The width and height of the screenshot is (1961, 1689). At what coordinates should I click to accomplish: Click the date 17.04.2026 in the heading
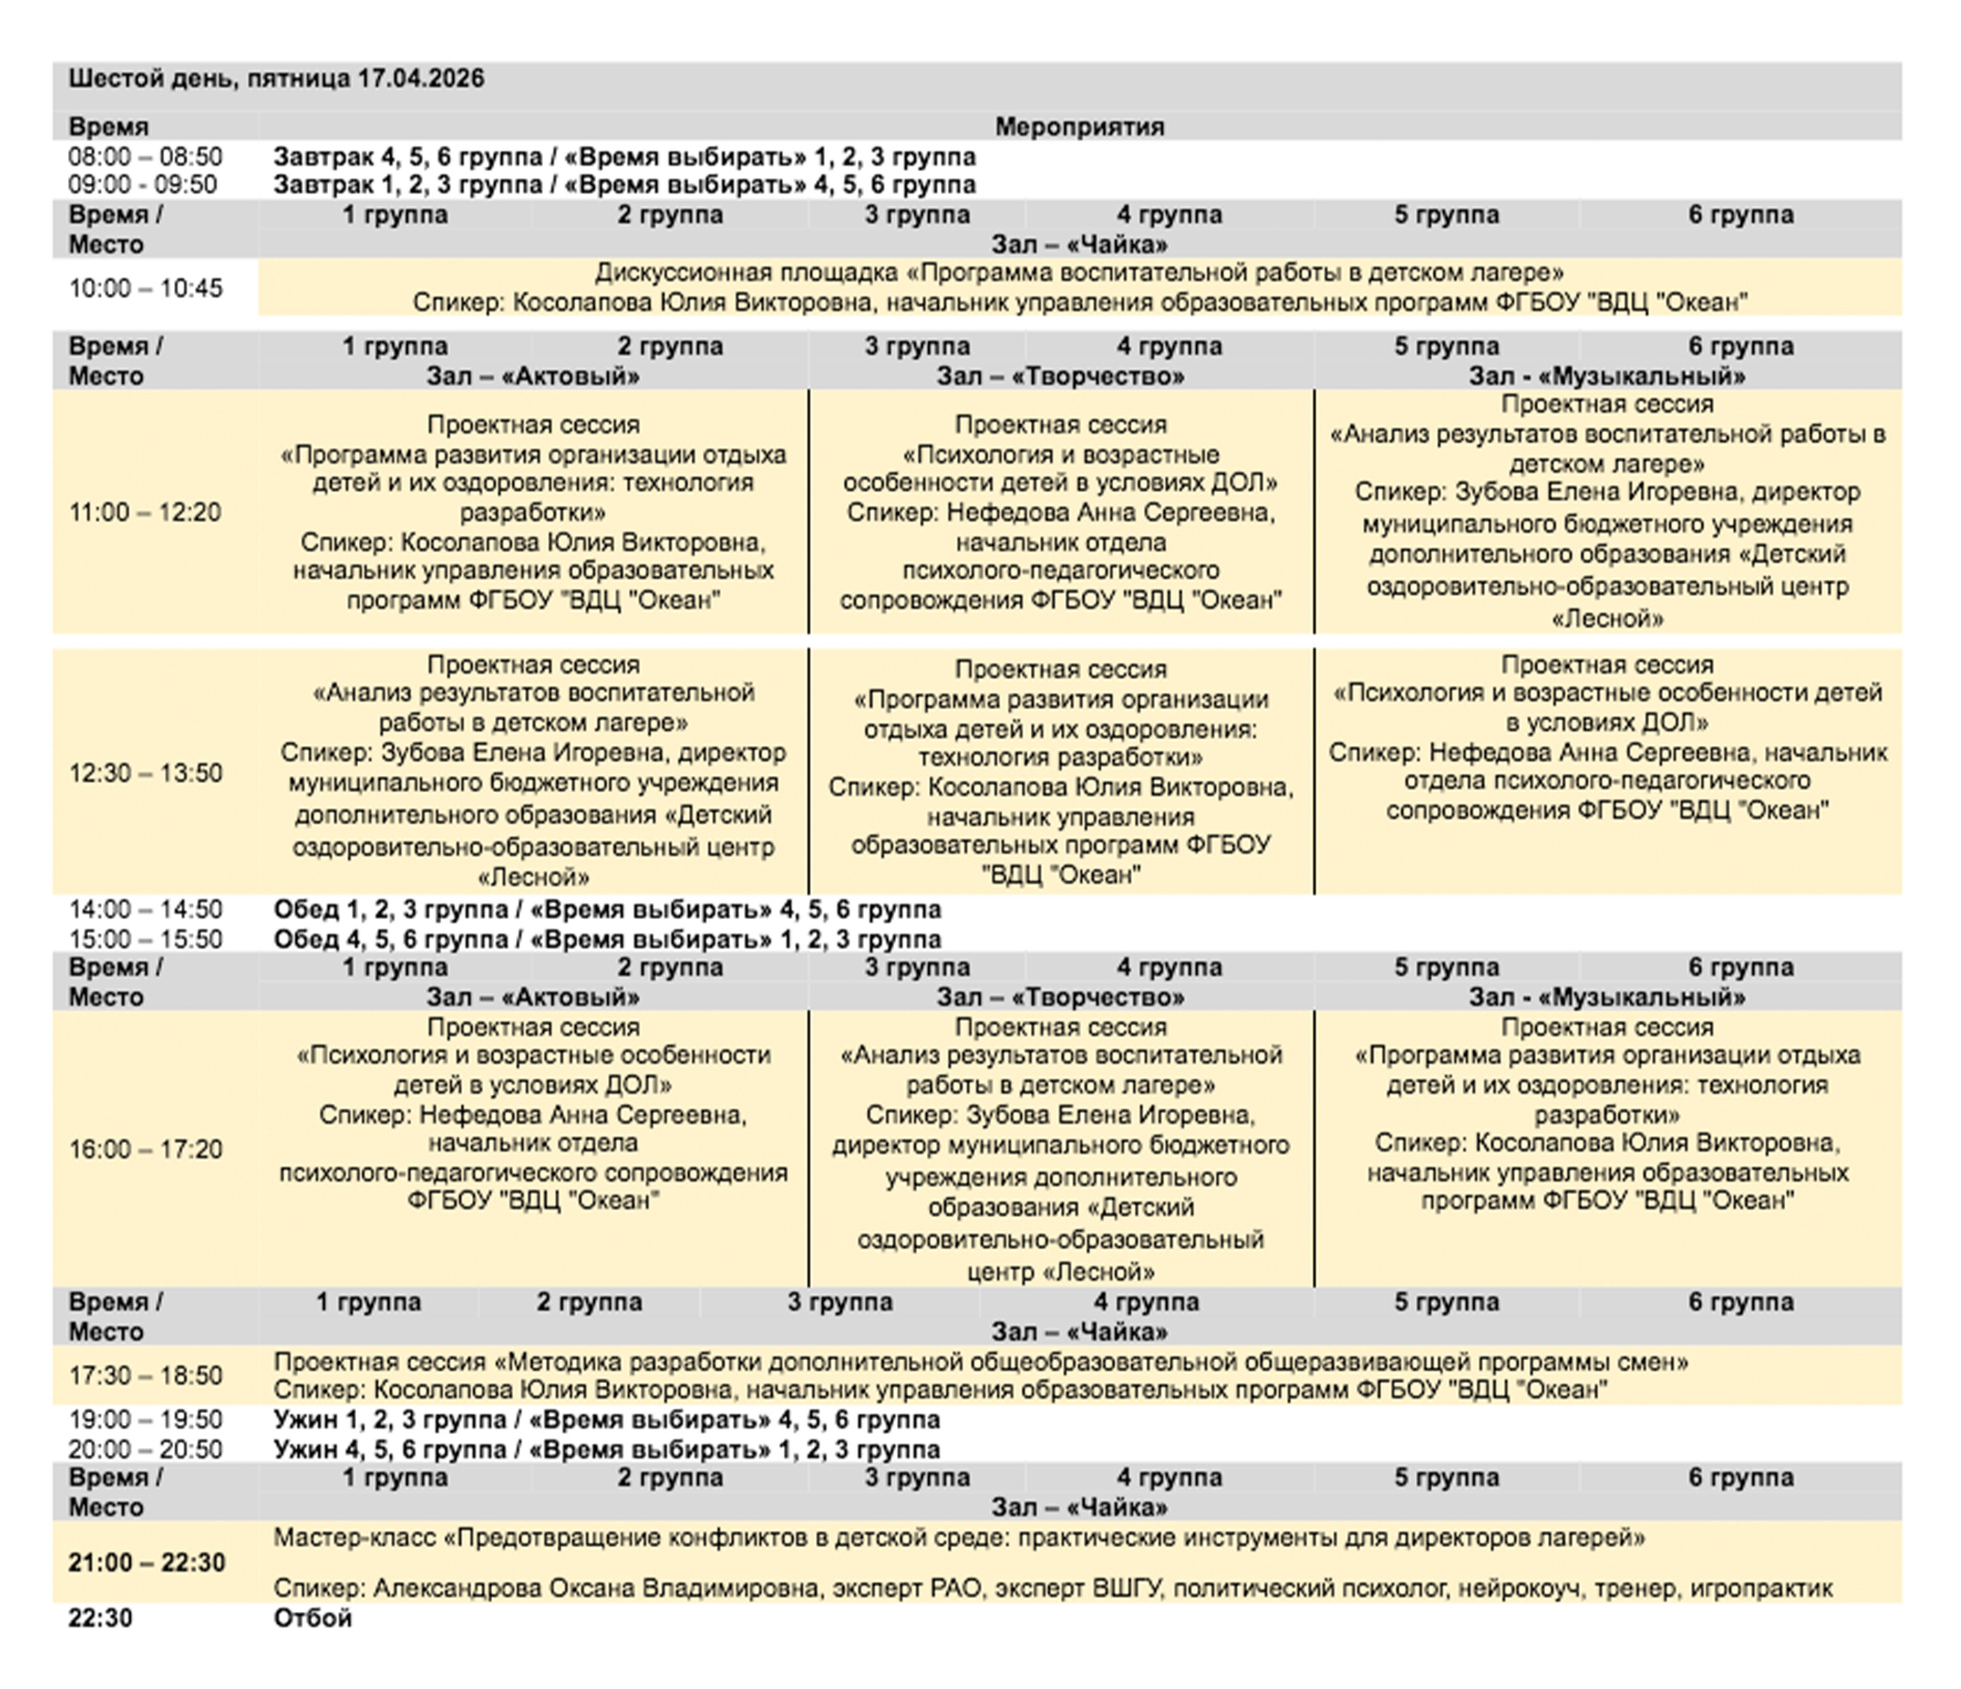[420, 78]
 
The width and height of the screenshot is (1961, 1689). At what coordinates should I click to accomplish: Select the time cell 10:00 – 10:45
[145, 288]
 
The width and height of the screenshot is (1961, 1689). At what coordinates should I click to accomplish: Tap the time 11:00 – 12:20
[145, 513]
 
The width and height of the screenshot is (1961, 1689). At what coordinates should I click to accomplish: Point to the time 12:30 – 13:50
[145, 773]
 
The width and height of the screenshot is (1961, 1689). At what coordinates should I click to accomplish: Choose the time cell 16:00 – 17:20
[145, 1150]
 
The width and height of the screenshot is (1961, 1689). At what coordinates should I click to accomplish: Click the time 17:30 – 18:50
[145, 1376]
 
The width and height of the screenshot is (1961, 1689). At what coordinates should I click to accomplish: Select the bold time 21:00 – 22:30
[146, 1562]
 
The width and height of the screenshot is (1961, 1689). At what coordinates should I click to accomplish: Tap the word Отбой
[312, 1618]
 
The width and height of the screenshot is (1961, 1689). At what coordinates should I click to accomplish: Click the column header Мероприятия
[1079, 127]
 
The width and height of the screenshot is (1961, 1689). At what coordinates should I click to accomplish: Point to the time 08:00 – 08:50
[145, 156]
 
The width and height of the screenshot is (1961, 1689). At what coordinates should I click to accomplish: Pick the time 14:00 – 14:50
[145, 909]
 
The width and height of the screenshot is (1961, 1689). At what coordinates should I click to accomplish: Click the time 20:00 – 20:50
[145, 1450]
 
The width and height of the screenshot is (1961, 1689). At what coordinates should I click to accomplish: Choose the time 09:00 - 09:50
[143, 184]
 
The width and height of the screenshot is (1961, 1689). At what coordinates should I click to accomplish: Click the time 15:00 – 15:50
[145, 939]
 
